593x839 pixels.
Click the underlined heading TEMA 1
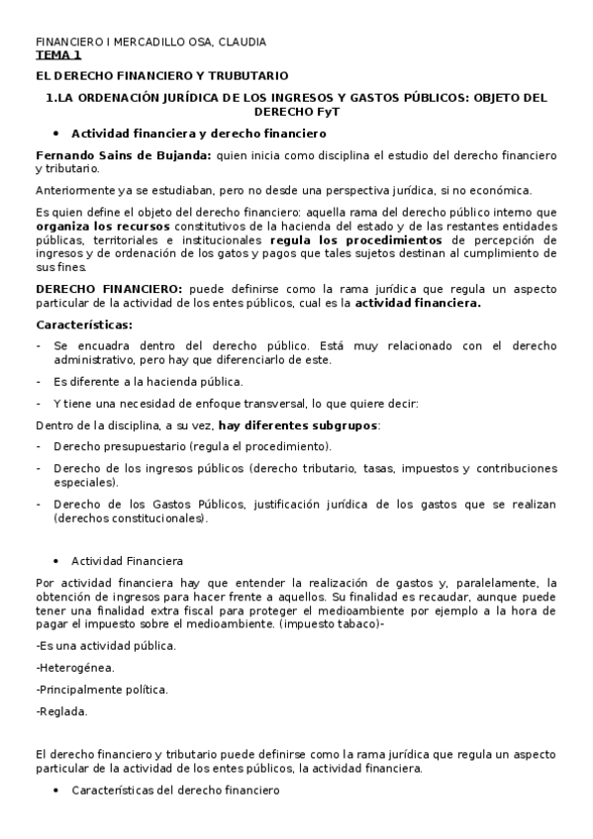click(58, 56)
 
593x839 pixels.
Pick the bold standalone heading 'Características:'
click(84, 325)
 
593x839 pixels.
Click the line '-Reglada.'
click(61, 710)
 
